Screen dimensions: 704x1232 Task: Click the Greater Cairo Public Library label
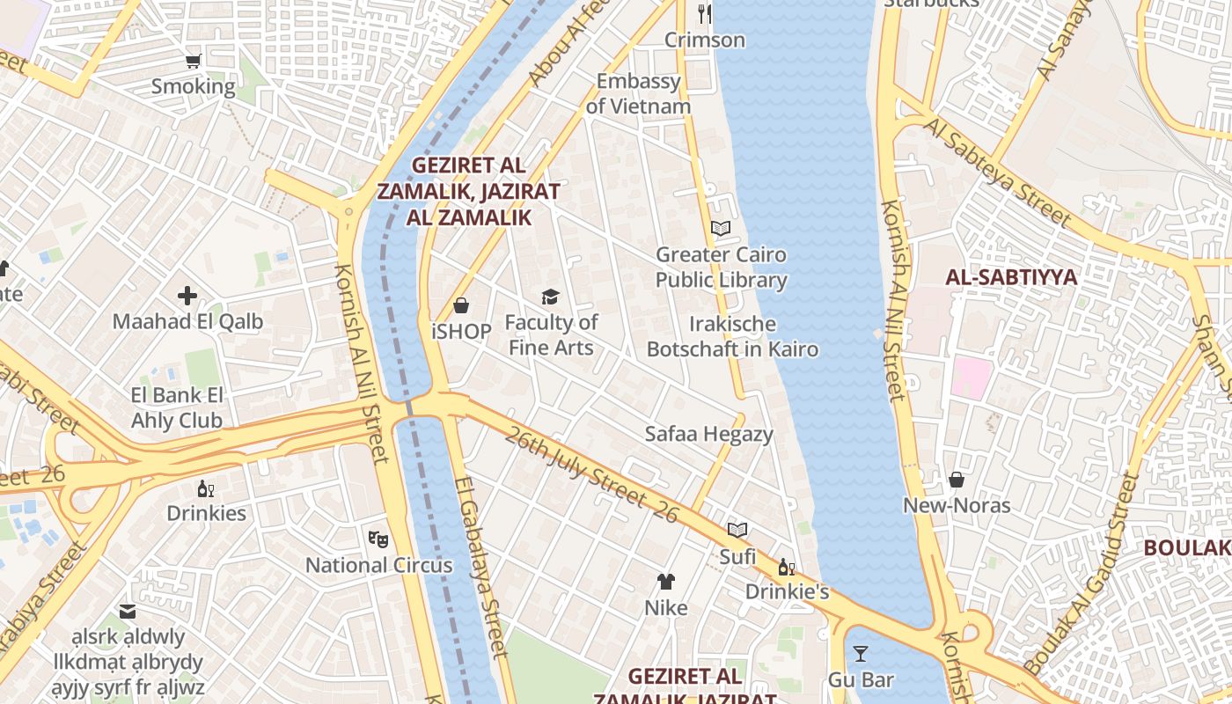tap(721, 268)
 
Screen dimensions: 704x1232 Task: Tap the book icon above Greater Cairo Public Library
tap(721, 229)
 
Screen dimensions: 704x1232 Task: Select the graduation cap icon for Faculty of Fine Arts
tap(551, 297)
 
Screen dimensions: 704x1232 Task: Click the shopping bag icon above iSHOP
tap(461, 305)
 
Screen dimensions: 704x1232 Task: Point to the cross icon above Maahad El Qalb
tap(187, 296)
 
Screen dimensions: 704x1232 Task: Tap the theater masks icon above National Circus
tap(378, 538)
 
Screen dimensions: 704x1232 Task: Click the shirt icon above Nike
tap(666, 581)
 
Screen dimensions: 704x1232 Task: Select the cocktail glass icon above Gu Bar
tap(861, 653)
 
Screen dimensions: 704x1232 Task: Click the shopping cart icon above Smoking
tap(194, 61)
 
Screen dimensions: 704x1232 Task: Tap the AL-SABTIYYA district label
tap(1011, 277)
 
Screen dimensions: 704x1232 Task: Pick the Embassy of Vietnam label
tap(639, 94)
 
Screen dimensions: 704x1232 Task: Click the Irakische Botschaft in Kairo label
tap(732, 336)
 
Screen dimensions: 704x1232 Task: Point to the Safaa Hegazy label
tap(708, 434)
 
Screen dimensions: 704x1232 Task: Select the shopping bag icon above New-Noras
tap(957, 480)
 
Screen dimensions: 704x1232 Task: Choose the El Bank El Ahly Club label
tap(177, 407)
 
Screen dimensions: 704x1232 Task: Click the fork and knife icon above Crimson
tap(704, 13)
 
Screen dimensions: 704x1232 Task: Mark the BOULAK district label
tap(1187, 547)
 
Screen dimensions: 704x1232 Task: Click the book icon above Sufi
tap(737, 530)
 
